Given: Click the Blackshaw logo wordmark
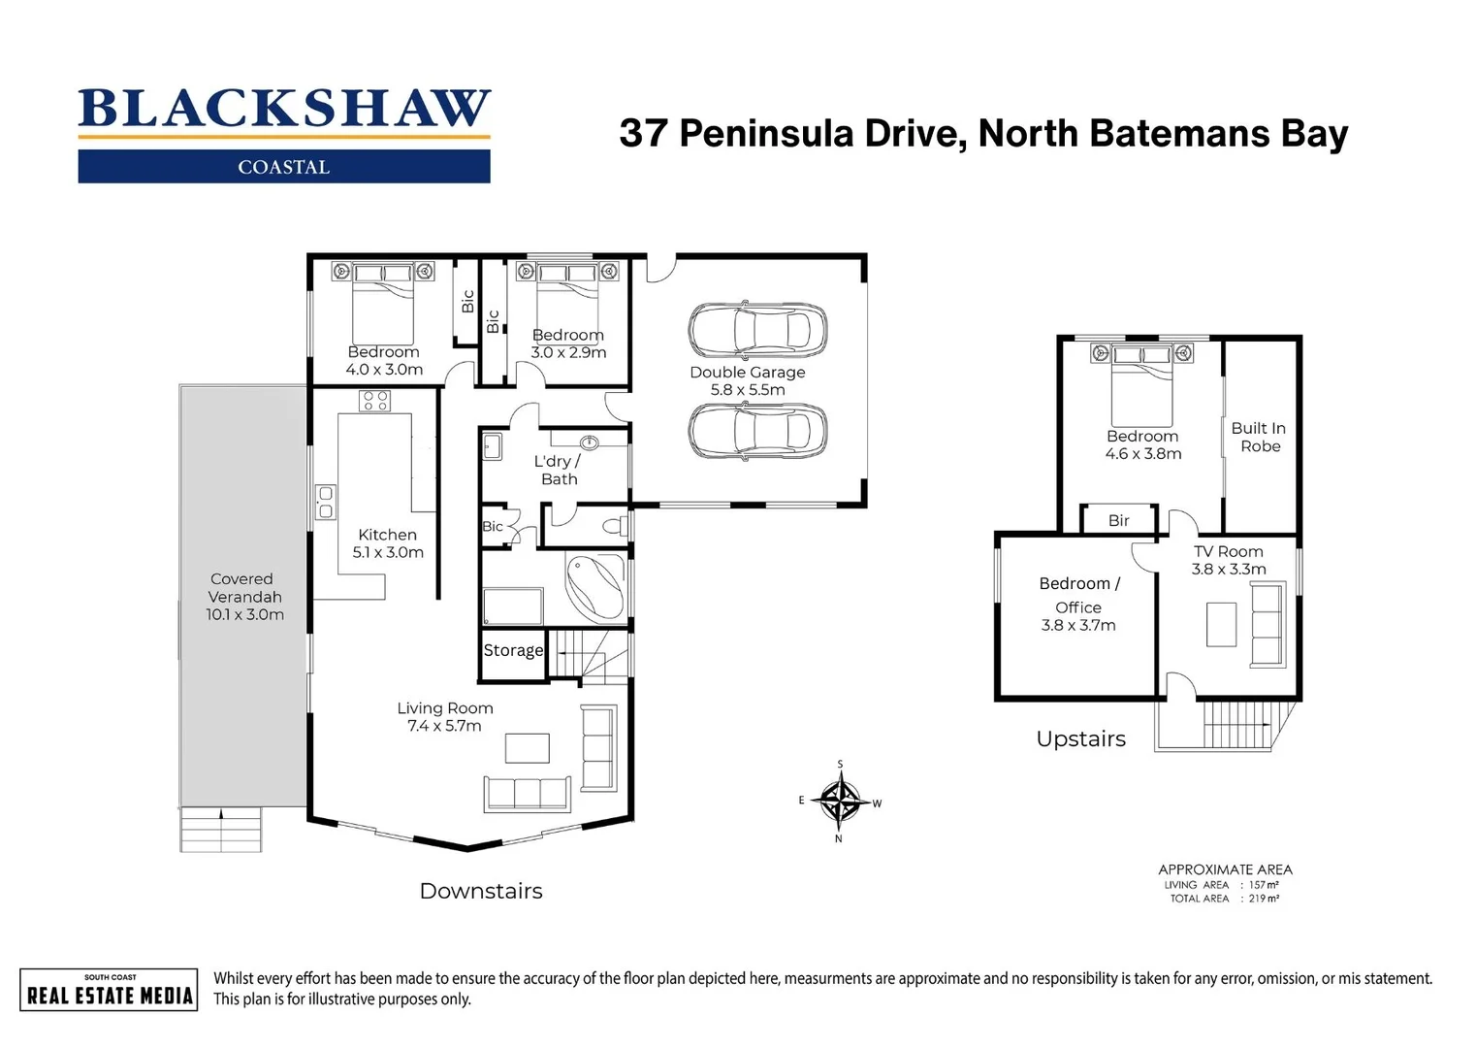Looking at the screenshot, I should (284, 109).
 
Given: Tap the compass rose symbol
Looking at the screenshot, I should (840, 802).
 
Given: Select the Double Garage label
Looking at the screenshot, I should (747, 372).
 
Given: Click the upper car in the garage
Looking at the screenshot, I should (757, 330).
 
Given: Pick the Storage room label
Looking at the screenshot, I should (513, 650).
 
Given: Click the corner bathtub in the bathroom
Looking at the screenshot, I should (594, 586).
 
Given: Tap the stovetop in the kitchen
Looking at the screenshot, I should (374, 401).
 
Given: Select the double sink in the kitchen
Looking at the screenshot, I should (325, 502).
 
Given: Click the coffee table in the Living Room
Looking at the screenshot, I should (527, 748).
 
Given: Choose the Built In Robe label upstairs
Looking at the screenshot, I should (1259, 437).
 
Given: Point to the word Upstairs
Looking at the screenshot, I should (1080, 738).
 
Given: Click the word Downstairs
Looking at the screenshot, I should (480, 891).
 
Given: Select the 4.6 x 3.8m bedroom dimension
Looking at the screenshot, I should (1143, 454).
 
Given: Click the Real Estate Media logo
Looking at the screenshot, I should (109, 990).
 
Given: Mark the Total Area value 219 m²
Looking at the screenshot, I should (1264, 899).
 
